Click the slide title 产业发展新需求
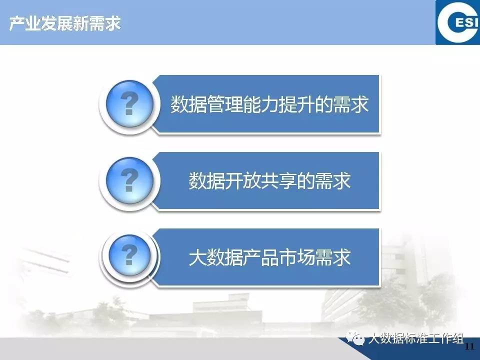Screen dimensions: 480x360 coord(65,23)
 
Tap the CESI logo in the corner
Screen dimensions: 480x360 coord(457,22)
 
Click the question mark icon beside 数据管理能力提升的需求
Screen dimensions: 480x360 coord(129,104)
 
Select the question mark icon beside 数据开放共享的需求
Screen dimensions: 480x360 coord(129,180)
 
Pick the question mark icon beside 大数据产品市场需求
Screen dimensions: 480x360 coord(129,255)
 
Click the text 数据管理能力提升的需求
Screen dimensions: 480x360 coord(269,104)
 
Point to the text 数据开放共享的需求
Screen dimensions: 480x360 coord(269,180)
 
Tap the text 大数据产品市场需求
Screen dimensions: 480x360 coord(269,257)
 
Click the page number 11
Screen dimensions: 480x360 coord(469,346)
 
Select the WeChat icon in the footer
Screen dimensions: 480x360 coord(355,338)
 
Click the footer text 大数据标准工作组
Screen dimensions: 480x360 coord(415,339)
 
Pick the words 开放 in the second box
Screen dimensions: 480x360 coord(242,180)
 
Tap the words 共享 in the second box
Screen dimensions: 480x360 coord(278,180)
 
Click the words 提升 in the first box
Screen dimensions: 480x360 coord(296,104)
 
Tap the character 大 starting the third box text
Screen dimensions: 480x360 coord(197,257)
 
